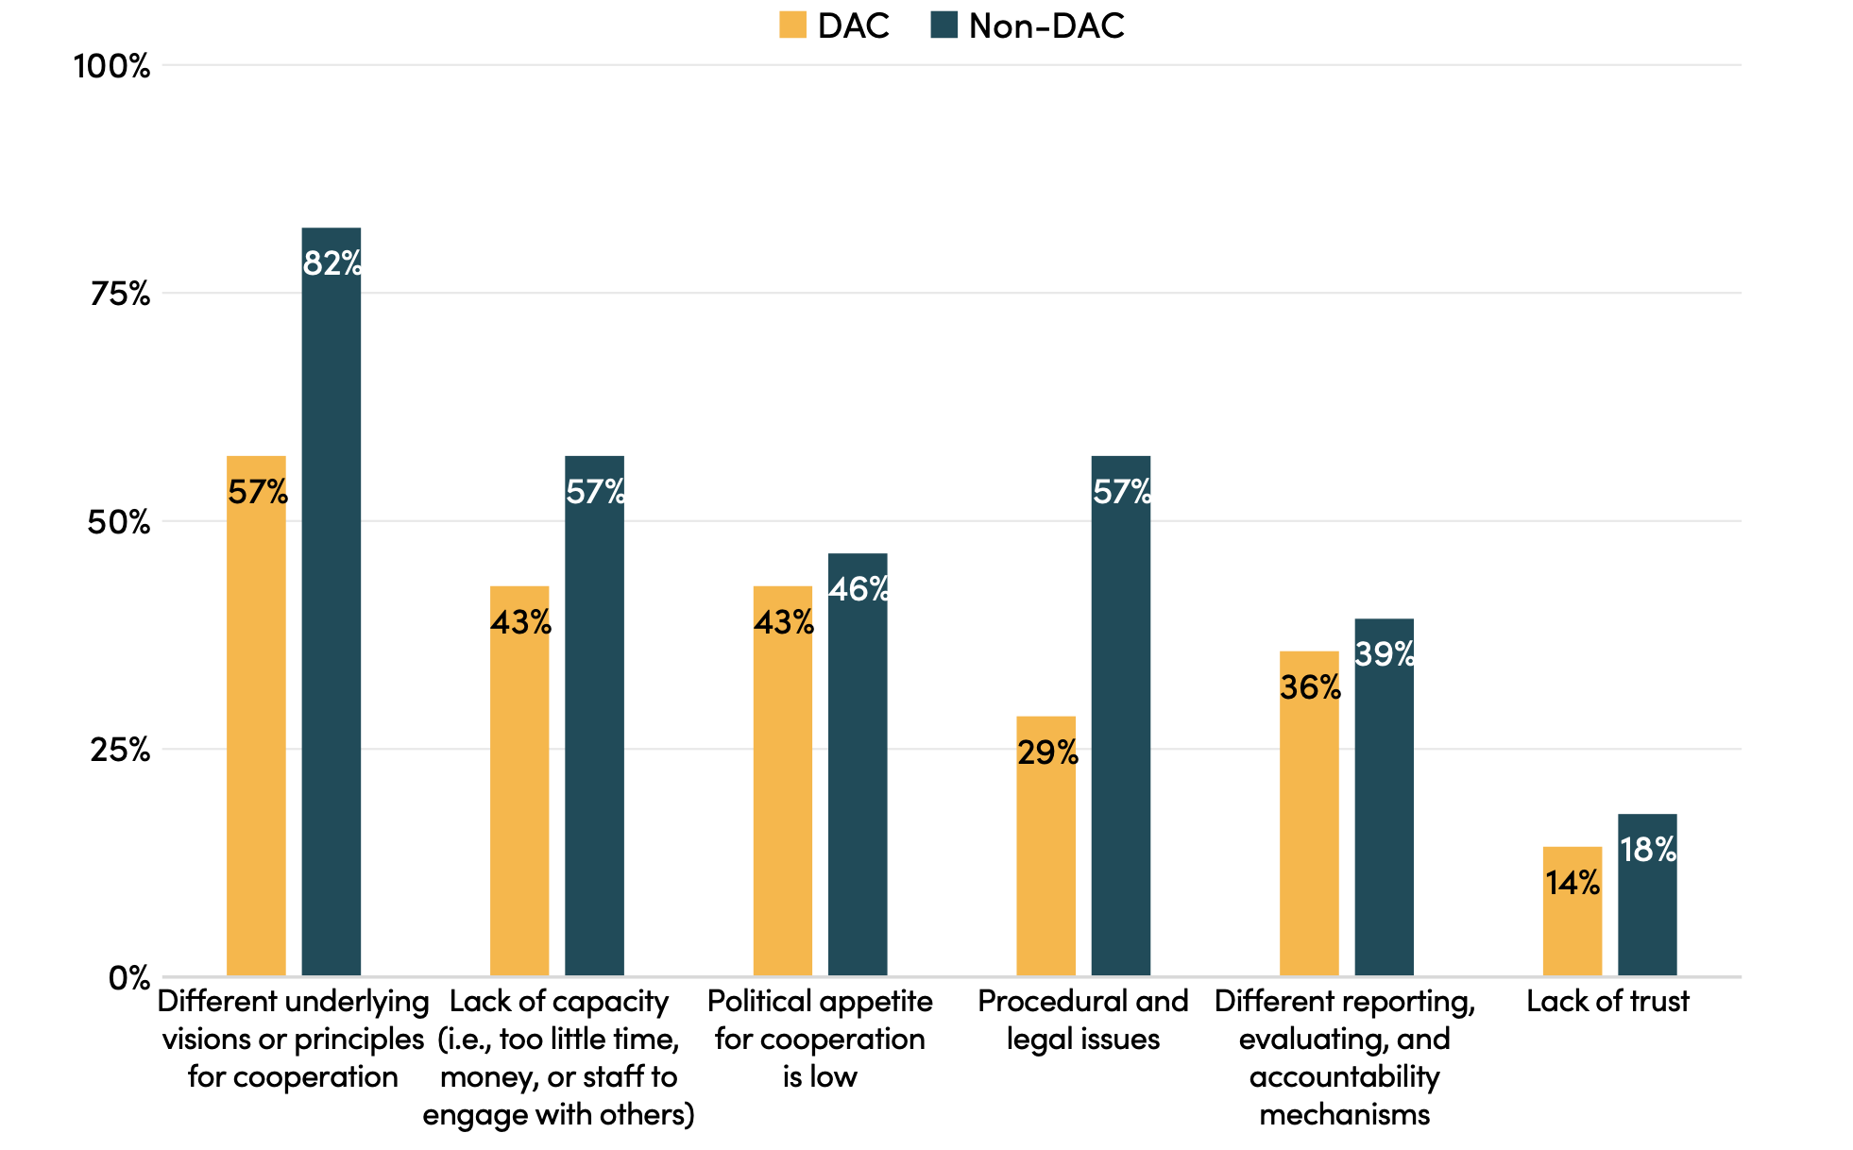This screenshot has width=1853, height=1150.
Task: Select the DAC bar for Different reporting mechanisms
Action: tap(1308, 813)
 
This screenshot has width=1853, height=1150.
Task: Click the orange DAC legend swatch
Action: tap(792, 25)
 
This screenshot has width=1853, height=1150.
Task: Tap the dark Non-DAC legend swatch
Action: tap(943, 25)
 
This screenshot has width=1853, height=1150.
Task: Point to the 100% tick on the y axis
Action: tap(111, 66)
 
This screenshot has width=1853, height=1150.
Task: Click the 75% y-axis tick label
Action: tap(120, 295)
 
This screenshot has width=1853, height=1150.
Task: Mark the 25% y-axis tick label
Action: tap(120, 751)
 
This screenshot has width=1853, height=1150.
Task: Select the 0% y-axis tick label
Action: tap(129, 978)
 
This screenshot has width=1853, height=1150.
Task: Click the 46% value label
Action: tap(858, 589)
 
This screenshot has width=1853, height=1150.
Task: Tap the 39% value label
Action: tap(1385, 653)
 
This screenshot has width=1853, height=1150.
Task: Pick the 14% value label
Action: tap(1572, 883)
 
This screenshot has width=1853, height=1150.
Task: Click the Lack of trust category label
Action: tap(1607, 1001)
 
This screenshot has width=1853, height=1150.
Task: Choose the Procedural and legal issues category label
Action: tap(1082, 1020)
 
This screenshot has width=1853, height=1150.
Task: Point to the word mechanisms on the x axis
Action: tap(1344, 1114)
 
